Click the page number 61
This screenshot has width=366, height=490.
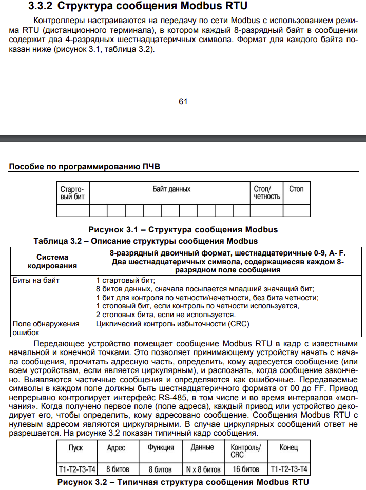pos(183,101)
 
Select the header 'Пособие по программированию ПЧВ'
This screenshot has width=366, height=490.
pos(85,167)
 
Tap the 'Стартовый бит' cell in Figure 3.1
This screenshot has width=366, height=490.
pos(72,193)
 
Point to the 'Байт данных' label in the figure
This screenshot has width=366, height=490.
pos(171,189)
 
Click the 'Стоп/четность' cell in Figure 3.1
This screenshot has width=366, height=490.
pos(267,193)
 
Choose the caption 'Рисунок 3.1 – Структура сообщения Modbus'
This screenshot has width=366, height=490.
pos(183,230)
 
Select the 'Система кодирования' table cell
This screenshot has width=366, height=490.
pos(52,261)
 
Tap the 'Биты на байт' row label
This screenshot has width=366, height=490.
pos(36,281)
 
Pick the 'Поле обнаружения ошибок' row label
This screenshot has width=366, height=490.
pos(46,328)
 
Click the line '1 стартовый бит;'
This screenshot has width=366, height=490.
pos(125,281)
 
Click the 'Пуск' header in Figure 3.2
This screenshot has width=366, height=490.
pos(76,447)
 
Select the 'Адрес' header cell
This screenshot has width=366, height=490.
pos(117,447)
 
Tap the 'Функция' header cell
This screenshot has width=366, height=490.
pos(161,447)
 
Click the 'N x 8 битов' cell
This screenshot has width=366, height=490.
pos(203,469)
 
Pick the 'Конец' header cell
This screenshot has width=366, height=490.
pos(288,447)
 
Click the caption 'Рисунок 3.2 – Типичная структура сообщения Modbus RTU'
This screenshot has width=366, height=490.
pos(183,482)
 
